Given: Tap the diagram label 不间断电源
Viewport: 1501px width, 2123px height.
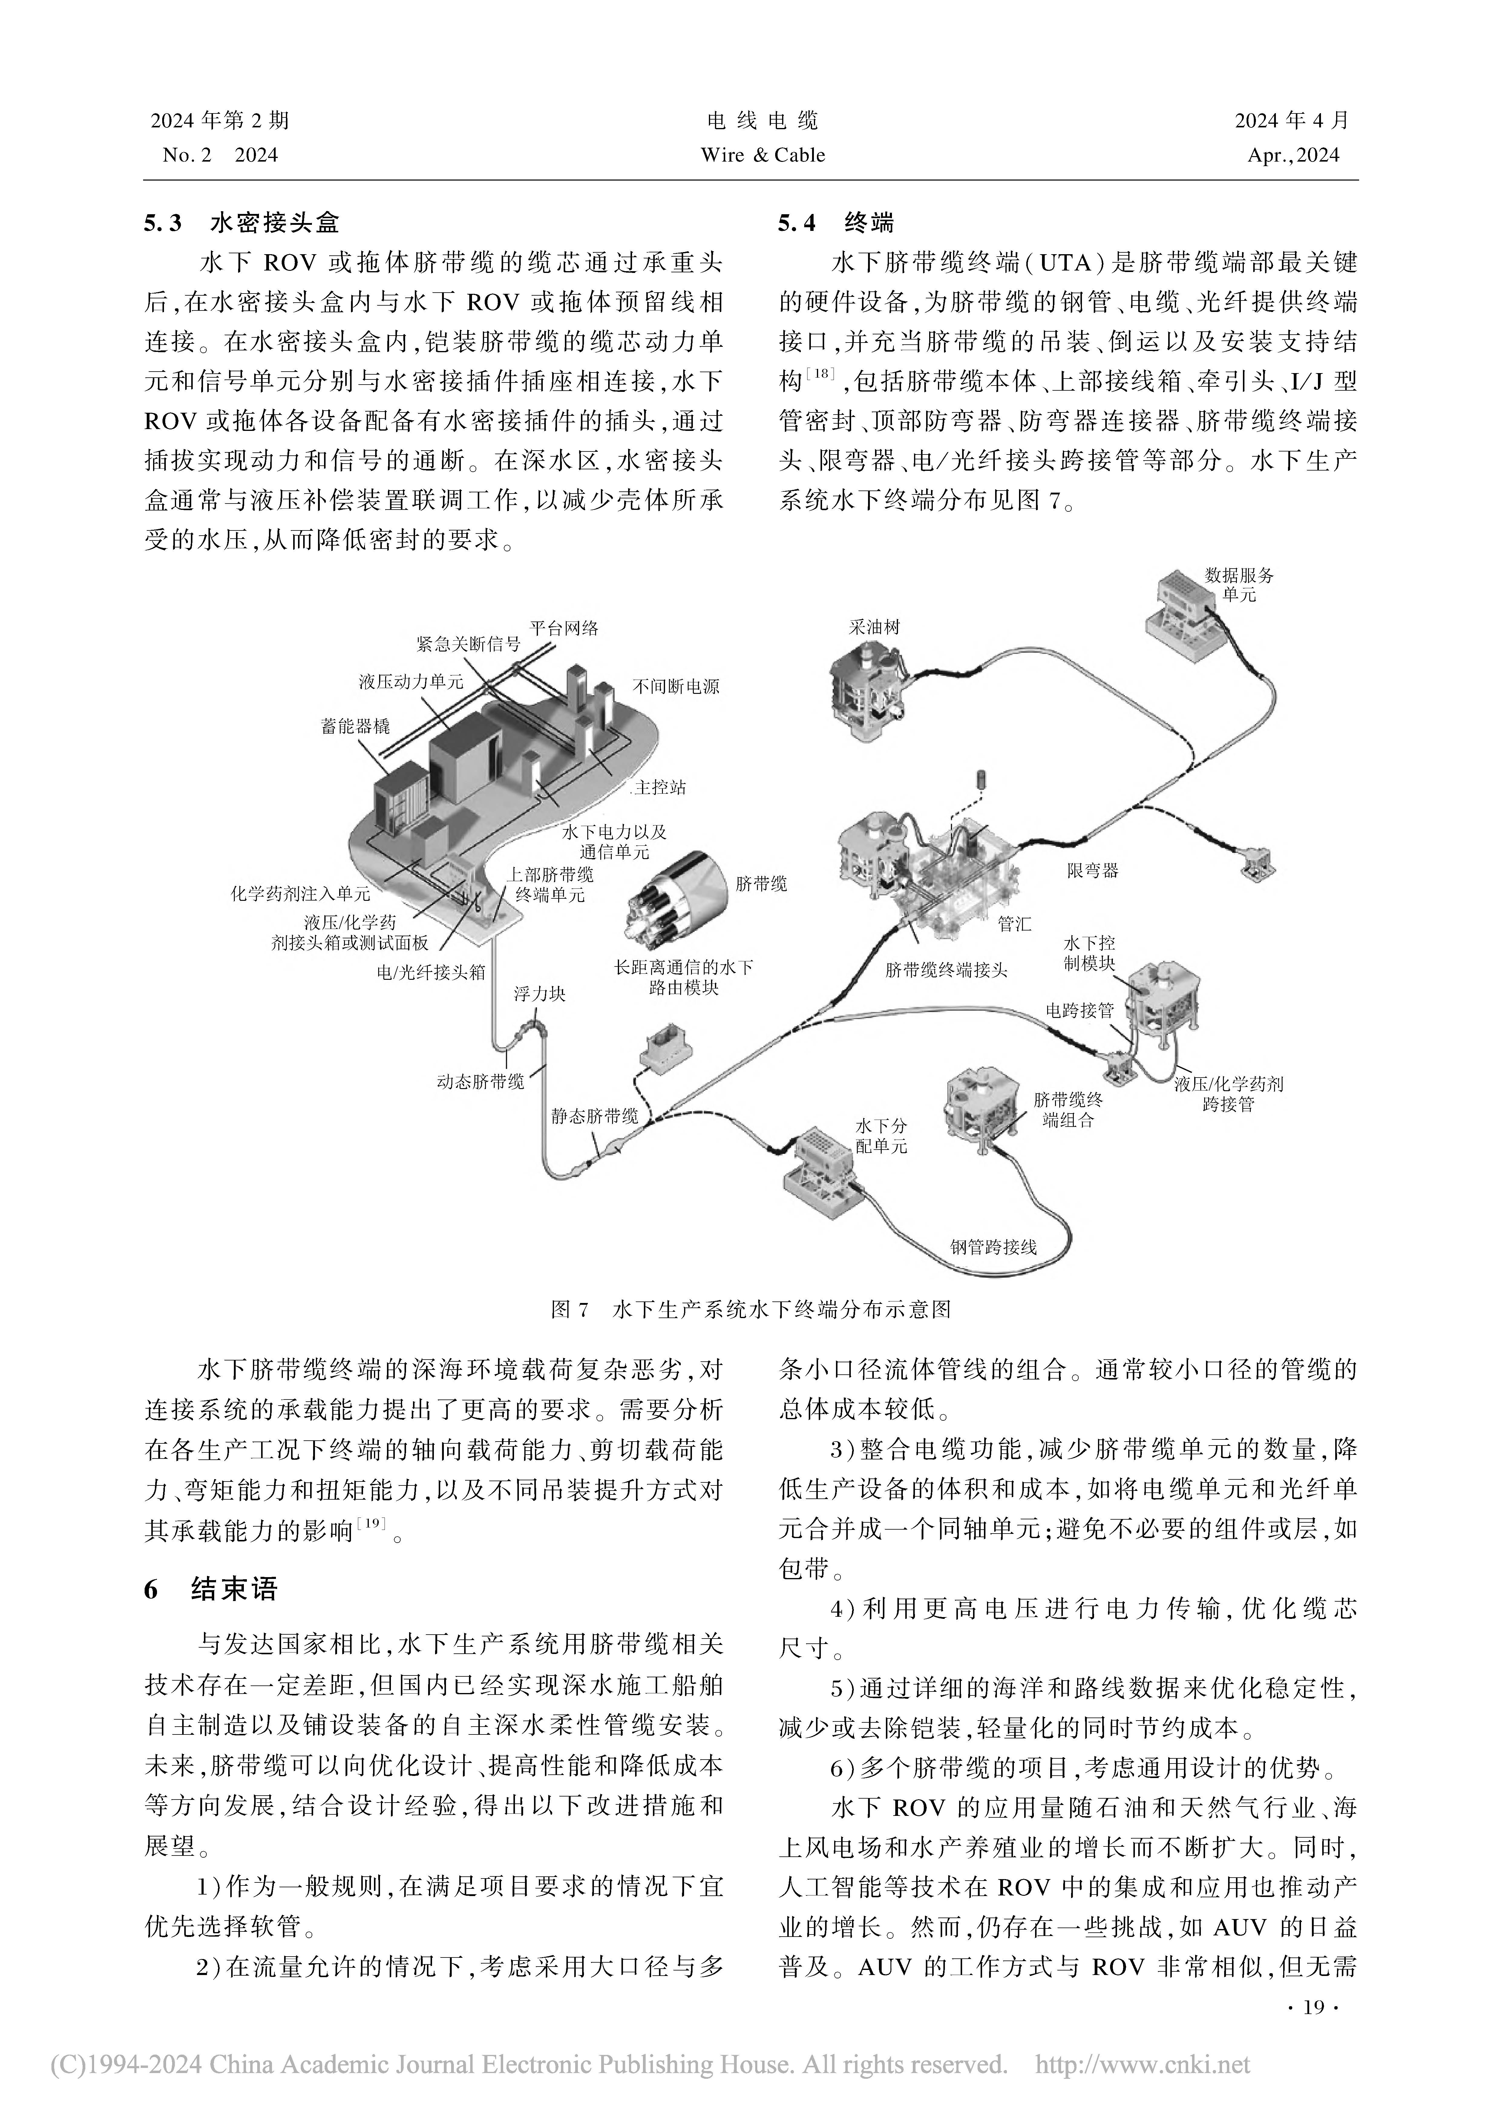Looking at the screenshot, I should coord(676,686).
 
